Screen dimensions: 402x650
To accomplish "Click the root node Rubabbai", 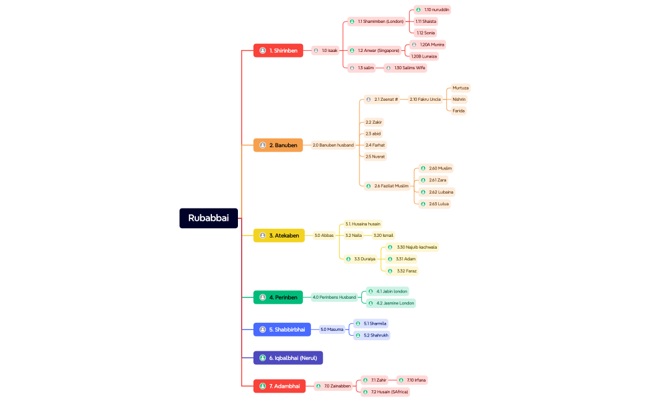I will pyautogui.click(x=208, y=218).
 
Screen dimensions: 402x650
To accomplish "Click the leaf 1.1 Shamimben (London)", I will pyautogui.click(x=380, y=22).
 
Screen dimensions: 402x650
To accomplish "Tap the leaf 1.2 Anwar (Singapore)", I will pyautogui.click(x=378, y=51).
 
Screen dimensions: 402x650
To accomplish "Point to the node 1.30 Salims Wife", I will pyautogui.click(x=409, y=68).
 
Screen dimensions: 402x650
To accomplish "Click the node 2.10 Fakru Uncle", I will pyautogui.click(x=425, y=99).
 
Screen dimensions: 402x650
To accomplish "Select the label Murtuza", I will pyautogui.click(x=460, y=88).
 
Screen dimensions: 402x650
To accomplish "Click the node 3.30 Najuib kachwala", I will pyautogui.click(x=416, y=247).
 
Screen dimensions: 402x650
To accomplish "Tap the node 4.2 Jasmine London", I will pyautogui.click(x=395, y=303).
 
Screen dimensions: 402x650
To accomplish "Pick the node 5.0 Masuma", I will pyautogui.click(x=332, y=330).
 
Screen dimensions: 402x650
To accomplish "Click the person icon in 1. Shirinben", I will pyautogui.click(x=263, y=51).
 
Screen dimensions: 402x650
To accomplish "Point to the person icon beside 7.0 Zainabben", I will pyautogui.click(x=318, y=387).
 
